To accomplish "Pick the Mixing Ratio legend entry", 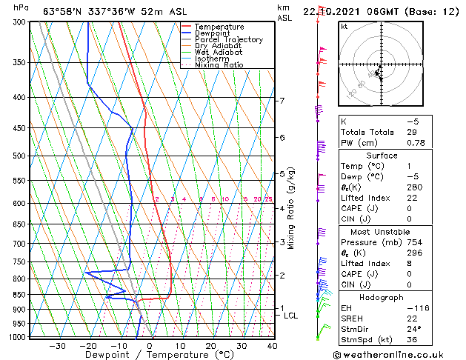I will tap(219, 65).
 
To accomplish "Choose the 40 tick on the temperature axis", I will tap(272, 345).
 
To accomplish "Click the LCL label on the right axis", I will tap(291, 316).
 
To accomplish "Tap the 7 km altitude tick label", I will tap(282, 101).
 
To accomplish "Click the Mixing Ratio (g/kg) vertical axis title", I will tap(291, 208).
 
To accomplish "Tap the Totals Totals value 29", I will tap(411, 132).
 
